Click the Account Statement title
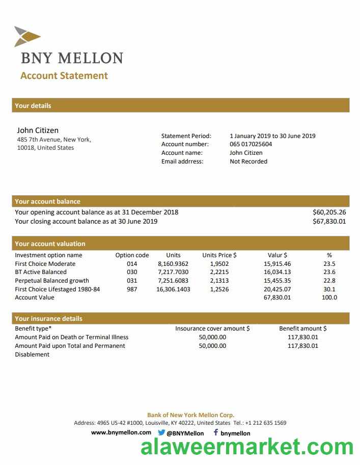click(x=64, y=76)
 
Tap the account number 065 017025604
click(x=251, y=144)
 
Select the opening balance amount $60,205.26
click(x=329, y=212)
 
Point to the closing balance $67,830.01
click(x=329, y=222)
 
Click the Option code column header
click(x=132, y=255)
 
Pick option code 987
click(x=132, y=289)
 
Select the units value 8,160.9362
click(x=173, y=264)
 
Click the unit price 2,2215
click(x=219, y=272)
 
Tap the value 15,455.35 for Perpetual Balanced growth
click(x=277, y=281)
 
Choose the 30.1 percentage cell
click(x=329, y=289)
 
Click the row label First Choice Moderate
click(x=45, y=264)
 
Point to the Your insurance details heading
click(x=48, y=319)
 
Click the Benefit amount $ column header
click(x=303, y=329)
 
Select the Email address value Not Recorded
click(x=248, y=161)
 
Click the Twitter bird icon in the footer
click(x=161, y=432)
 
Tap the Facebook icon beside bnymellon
click(x=215, y=432)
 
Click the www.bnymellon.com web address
click(x=121, y=432)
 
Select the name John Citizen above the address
click(x=38, y=130)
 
